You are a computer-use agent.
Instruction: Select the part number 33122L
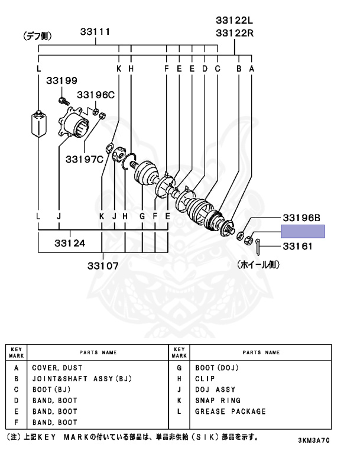pyautogui.click(x=234, y=21)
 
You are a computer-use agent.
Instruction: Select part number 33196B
pyautogui.click(x=301, y=218)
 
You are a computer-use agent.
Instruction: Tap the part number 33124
pyautogui.click(x=70, y=242)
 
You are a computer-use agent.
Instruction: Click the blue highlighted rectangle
pyautogui.click(x=303, y=231)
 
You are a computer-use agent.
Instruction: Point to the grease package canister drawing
pyautogui.click(x=38, y=123)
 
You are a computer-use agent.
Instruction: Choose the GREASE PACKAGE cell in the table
pyautogui.click(x=231, y=411)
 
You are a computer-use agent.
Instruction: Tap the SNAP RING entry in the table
pyautogui.click(x=218, y=400)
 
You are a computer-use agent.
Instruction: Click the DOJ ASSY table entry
pyautogui.click(x=215, y=390)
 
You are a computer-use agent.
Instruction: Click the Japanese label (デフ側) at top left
pyautogui.click(x=39, y=36)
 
